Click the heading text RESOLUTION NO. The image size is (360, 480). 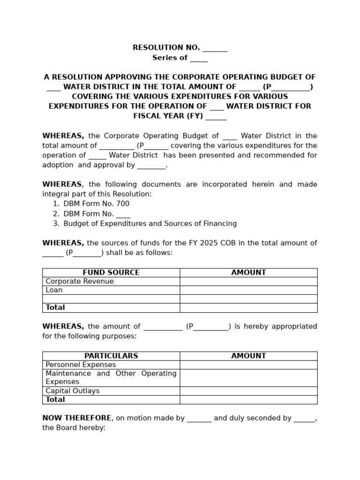coord(166,48)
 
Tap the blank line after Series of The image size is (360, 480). coord(199,59)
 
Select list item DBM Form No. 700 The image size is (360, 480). coord(96,204)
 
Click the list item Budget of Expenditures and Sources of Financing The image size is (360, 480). coord(150,224)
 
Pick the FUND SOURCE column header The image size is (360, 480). coord(111,272)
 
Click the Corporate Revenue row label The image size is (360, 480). coord(80,281)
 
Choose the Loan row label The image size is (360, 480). coord(54,290)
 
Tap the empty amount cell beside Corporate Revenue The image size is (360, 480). coord(248,281)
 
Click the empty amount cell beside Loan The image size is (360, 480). coord(248,290)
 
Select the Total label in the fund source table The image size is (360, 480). coord(55,307)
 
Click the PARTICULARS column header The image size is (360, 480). coord(111,356)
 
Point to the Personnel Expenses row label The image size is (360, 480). coord(81,365)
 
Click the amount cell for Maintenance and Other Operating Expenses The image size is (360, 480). coord(248,378)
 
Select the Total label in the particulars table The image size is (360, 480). coord(55,400)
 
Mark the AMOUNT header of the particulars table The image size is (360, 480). coord(248,356)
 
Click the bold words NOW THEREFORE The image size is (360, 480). coord(77,418)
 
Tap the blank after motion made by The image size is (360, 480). coord(199,419)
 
